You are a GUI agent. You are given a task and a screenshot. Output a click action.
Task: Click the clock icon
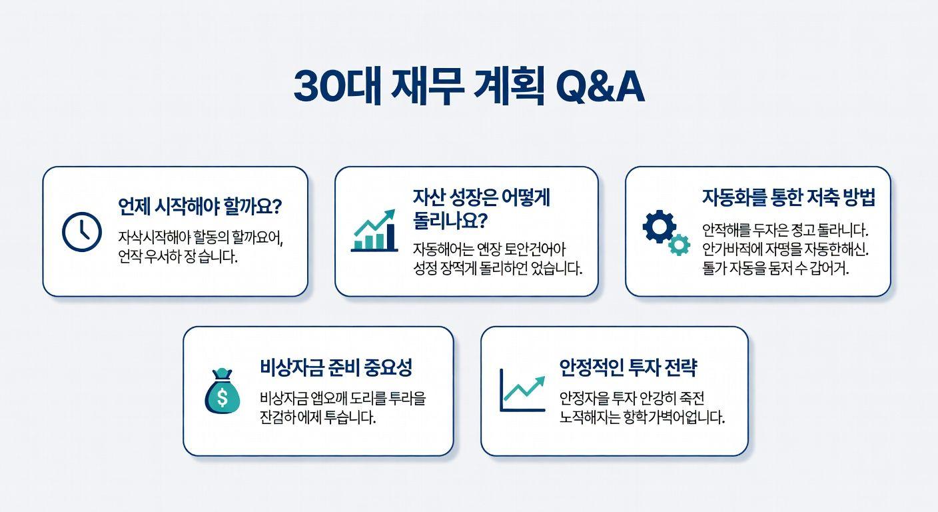(x=81, y=232)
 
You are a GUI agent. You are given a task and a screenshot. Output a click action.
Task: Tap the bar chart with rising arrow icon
(x=374, y=231)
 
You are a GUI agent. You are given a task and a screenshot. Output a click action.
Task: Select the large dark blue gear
(x=658, y=227)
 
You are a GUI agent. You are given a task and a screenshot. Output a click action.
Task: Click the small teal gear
(x=679, y=245)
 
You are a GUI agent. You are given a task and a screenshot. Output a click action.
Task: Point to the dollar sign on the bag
(x=222, y=398)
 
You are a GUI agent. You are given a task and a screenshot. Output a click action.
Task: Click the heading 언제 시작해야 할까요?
(x=200, y=206)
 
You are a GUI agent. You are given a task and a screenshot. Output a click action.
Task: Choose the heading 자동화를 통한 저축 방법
(x=788, y=197)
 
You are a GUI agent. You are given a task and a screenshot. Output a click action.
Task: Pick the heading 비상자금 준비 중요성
(x=336, y=367)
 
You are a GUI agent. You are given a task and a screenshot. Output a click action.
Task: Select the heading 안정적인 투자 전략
(x=628, y=367)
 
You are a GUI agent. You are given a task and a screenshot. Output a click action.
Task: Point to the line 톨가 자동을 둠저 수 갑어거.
(x=775, y=269)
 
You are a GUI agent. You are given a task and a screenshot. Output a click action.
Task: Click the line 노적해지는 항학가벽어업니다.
(x=642, y=418)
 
